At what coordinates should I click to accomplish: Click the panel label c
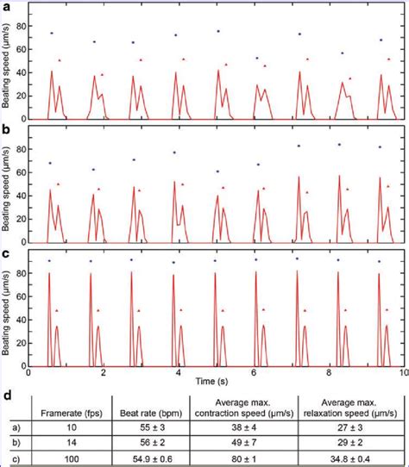click(7, 253)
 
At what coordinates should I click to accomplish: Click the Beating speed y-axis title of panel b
click(12, 184)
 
